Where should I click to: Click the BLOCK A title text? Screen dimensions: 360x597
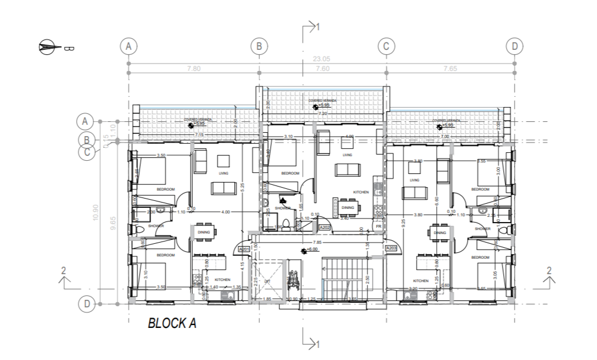pyautogui.click(x=172, y=323)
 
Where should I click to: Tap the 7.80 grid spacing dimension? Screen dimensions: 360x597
pyautogui.click(x=194, y=68)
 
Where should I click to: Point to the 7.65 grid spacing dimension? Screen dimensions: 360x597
pyautogui.click(x=449, y=68)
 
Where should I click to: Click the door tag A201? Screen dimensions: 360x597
pyautogui.click(x=244, y=249)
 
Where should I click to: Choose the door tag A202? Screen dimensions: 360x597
pyautogui.click(x=325, y=227)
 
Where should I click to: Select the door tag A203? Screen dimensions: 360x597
pyautogui.click(x=392, y=248)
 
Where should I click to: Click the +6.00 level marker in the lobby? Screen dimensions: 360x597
pyautogui.click(x=313, y=251)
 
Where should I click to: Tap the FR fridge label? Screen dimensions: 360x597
pyautogui.click(x=378, y=227)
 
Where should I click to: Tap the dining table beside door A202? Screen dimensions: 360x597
pyautogui.click(x=347, y=207)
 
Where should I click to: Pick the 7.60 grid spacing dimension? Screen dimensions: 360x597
pyautogui.click(x=322, y=68)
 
